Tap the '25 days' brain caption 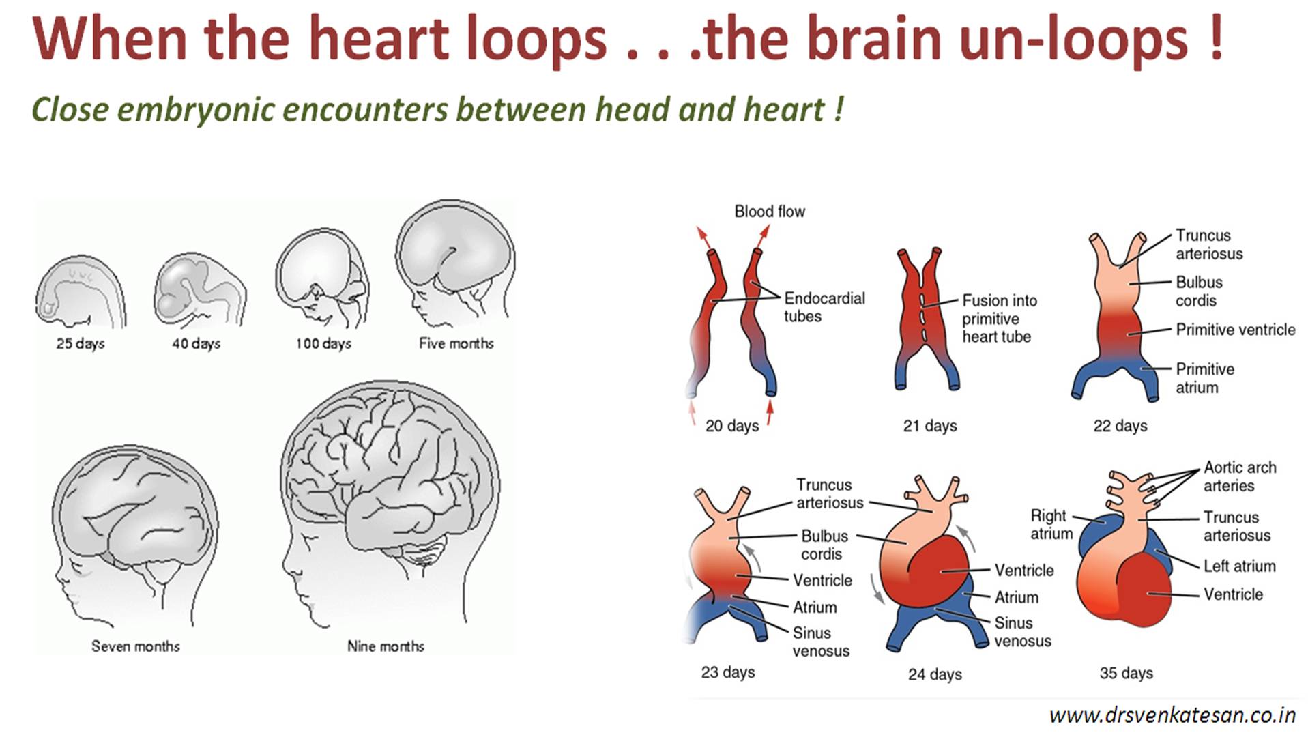point(81,343)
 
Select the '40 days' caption point(196,343)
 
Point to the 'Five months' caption point(456,343)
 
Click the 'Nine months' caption point(386,646)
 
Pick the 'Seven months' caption point(136,646)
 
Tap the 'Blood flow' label point(770,212)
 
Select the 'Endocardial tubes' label point(824,307)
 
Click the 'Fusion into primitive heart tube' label point(999,318)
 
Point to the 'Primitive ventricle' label point(1235,330)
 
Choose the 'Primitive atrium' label point(1204,378)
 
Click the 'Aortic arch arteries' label point(1239,476)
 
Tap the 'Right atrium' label point(1051,524)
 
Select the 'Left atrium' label point(1239,566)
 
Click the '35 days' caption point(1126,673)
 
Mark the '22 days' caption point(1120,426)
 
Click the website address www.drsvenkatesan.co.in point(1172,715)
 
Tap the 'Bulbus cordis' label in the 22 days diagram point(1198,291)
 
